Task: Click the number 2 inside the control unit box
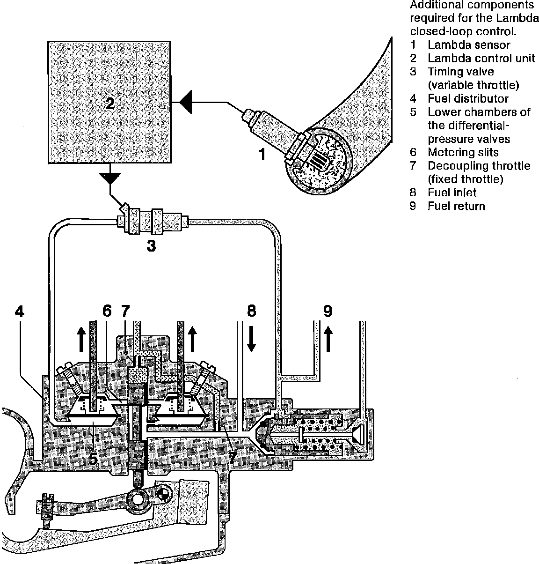pos(109,104)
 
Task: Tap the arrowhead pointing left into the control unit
pos(185,102)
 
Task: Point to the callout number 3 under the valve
pos(151,245)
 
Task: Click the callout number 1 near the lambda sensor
pos(262,153)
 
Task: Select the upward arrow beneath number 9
pos(328,340)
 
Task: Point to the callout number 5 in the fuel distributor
pos(93,459)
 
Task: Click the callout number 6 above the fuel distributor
pos(107,311)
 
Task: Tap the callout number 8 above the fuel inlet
pos(252,311)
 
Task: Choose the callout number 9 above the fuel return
pos(328,311)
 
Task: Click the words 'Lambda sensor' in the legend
pos(469,45)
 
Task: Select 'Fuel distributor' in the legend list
pos(468,99)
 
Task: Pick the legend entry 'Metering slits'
pos(463,152)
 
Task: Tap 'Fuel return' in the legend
pos(456,206)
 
